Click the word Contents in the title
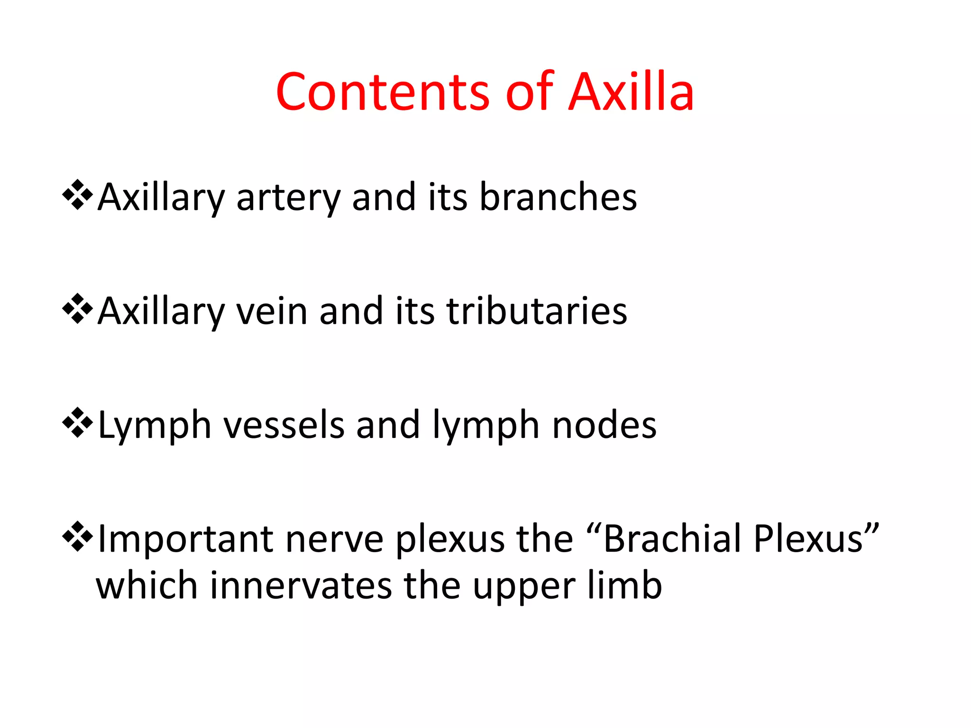(382, 92)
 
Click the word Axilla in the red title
(631, 92)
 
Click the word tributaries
(537, 311)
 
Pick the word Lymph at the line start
(154, 426)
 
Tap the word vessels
(284, 425)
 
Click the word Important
(185, 539)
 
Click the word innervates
(301, 586)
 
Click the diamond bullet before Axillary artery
(77, 195)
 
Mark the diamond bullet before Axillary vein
(77, 309)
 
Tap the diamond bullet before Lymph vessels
(77, 423)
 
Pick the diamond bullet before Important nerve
(77, 537)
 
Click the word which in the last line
(147, 586)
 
